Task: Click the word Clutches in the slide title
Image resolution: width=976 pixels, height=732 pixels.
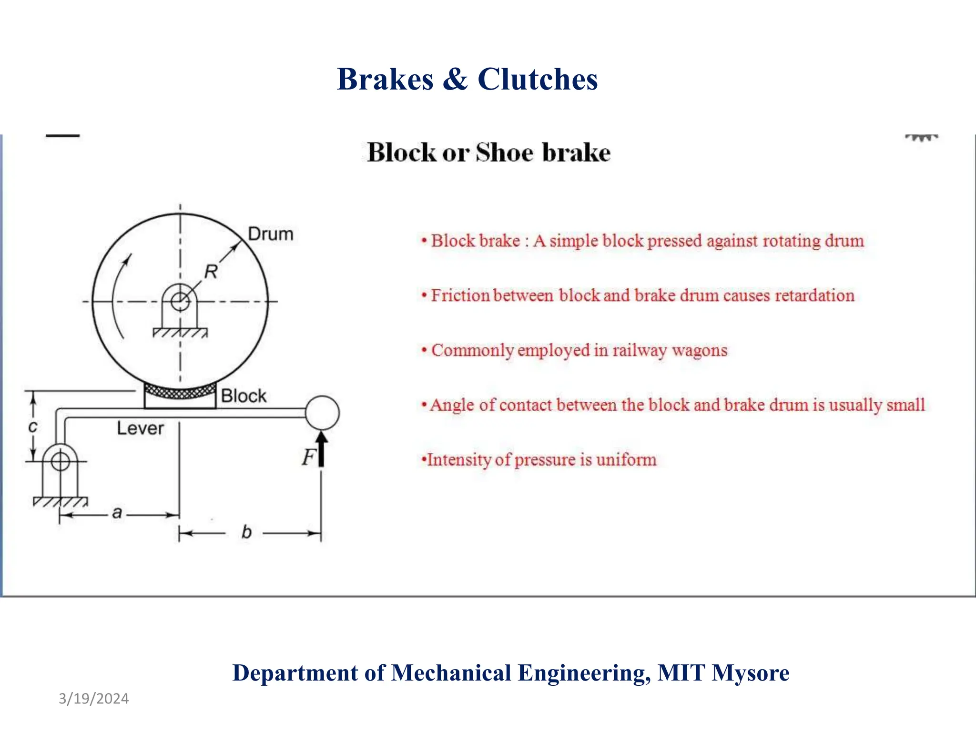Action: [538, 79]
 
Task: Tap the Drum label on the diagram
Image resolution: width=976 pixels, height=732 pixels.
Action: [270, 234]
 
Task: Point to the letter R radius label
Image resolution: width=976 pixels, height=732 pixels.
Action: [211, 272]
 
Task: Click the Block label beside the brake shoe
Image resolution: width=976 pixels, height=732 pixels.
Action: [244, 396]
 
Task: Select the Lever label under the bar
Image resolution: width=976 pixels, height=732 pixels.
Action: [140, 428]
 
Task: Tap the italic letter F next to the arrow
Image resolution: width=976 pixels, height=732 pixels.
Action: [308, 457]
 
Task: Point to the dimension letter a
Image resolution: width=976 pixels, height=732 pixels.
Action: [117, 513]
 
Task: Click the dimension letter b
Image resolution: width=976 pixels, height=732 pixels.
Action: [246, 532]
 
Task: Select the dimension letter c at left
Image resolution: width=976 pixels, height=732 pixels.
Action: [32, 426]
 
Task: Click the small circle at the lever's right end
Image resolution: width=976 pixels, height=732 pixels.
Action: [322, 413]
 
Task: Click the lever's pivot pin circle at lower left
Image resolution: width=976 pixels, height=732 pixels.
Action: [61, 461]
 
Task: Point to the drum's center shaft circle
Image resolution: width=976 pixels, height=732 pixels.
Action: [180, 301]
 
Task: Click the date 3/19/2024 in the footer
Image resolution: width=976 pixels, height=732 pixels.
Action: [93, 699]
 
